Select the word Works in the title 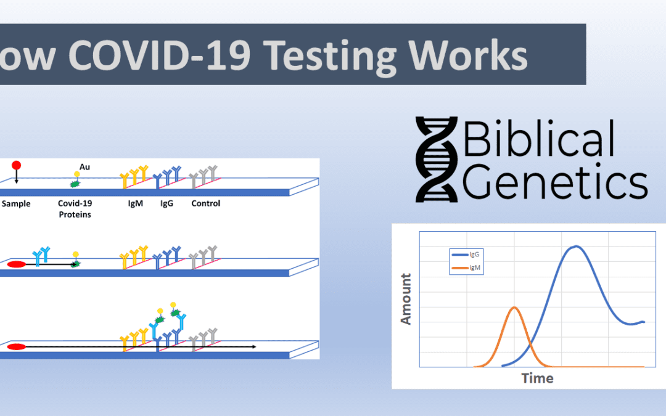477,55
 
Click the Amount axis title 406,298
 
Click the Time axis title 536,378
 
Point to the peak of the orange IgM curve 514,307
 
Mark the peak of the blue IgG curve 576,247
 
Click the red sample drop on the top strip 17,166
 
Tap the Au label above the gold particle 85,166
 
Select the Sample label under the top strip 15,203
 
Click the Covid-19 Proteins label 75,208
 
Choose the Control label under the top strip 205,203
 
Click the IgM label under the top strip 134,203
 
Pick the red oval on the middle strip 17,264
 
